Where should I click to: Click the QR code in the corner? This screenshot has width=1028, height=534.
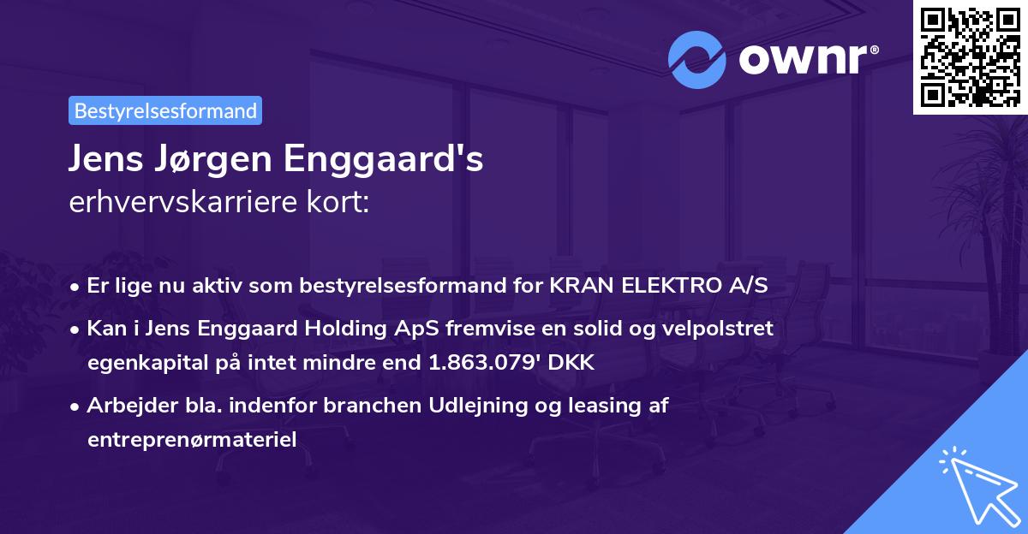970,57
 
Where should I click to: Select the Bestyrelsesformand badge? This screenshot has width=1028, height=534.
165,110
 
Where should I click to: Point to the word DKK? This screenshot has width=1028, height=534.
571,363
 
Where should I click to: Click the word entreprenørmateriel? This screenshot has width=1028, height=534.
192,440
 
